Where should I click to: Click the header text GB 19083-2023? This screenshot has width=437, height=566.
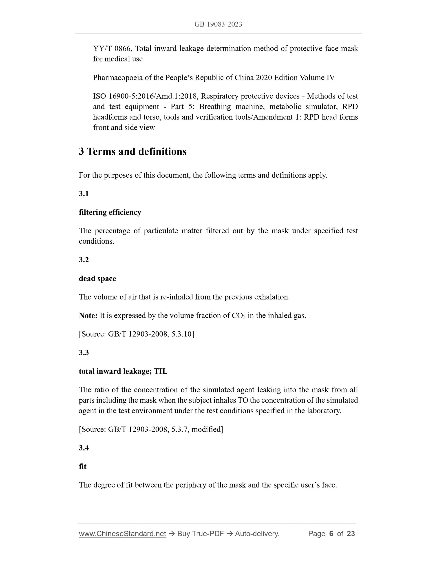[218, 24]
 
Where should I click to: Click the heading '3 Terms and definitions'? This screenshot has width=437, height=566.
[132, 152]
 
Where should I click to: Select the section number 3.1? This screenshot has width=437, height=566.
[84, 194]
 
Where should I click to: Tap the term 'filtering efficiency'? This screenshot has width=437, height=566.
[110, 212]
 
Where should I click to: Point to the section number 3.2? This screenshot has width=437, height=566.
[84, 260]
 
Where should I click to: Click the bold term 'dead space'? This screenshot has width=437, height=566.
[97, 279]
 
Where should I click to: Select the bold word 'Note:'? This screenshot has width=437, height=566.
[88, 316]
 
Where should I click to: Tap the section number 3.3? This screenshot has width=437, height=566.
[84, 353]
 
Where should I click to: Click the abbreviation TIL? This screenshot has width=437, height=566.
[161, 371]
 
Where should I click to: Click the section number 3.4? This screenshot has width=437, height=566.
[84, 448]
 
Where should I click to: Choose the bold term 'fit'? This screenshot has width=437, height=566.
[83, 466]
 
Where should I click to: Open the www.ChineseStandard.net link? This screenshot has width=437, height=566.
[122, 534]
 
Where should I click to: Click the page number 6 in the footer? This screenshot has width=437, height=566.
[331, 534]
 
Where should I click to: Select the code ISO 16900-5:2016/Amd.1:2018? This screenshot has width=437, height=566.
[146, 96]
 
